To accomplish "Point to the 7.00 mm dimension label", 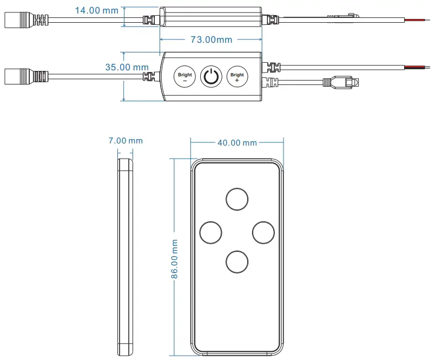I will click(x=126, y=140).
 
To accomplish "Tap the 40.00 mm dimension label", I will click(x=237, y=142).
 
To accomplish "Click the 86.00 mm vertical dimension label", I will click(x=175, y=259).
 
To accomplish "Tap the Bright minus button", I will click(x=185, y=76).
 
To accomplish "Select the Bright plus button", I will click(x=236, y=76).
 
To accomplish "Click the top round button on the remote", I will click(x=236, y=199).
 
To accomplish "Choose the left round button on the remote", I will click(x=210, y=232).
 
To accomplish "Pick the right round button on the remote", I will click(x=263, y=232).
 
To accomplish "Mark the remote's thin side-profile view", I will click(x=126, y=257).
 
